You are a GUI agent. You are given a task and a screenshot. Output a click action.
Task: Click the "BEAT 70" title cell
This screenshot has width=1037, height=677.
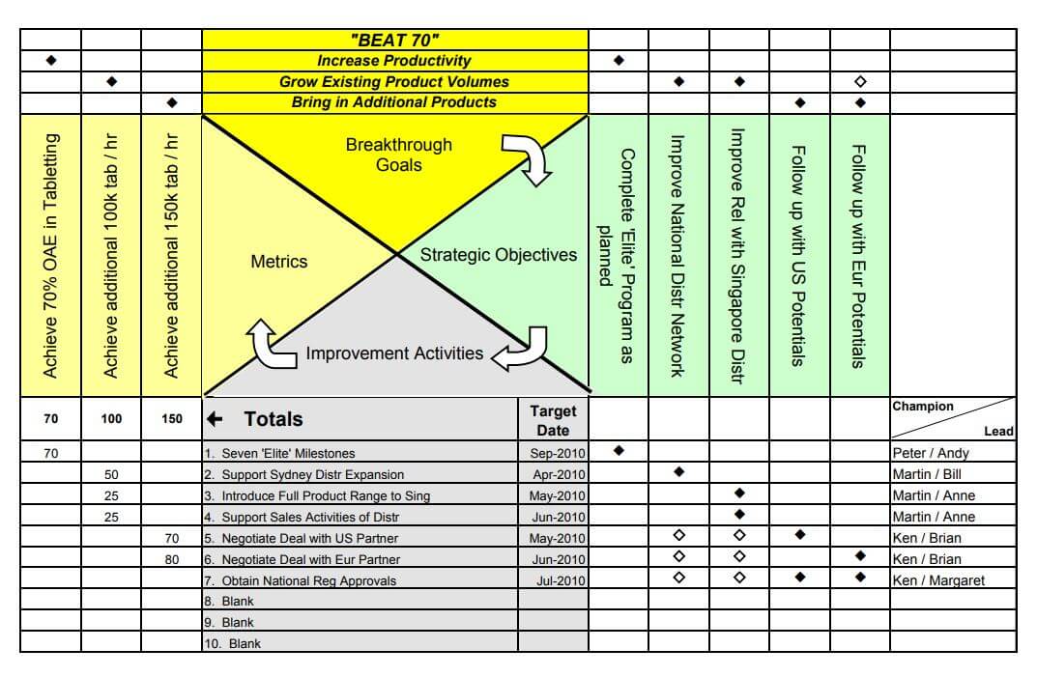pos(394,40)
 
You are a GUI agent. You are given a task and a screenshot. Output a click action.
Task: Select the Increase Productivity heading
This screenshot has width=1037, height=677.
pos(394,61)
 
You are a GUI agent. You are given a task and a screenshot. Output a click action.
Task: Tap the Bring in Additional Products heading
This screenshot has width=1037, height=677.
pos(394,102)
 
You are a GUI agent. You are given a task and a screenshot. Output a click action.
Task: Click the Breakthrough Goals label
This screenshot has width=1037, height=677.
pos(398,155)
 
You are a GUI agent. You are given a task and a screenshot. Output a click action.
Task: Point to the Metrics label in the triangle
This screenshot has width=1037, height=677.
pos(278,262)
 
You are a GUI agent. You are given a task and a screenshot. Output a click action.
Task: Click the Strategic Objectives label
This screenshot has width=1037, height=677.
pos(498,255)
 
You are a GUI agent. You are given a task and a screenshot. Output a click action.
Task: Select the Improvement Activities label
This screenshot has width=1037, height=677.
pos(394,353)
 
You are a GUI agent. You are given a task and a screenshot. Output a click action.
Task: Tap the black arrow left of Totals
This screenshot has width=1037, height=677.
pos(216,419)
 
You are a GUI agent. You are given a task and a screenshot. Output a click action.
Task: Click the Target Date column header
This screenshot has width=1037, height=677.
pos(553,420)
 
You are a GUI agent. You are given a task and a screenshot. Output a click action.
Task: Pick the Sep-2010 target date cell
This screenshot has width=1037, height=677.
pos(558,453)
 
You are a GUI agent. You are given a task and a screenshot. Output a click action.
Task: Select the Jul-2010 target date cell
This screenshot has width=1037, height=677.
pos(561,580)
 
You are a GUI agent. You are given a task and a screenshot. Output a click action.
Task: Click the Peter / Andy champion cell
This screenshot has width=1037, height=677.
pos(930,453)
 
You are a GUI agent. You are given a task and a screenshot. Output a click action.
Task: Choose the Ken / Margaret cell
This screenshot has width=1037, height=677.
pos(938,580)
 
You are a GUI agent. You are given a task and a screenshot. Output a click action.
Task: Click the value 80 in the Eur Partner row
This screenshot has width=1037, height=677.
pos(172,559)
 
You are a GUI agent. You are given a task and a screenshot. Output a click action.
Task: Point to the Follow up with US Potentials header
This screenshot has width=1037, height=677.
pos(798,256)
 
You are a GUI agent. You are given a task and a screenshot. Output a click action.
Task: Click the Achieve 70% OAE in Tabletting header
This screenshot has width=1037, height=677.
pos(50,256)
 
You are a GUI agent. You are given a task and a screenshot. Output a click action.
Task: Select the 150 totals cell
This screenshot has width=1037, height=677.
pos(172,419)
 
